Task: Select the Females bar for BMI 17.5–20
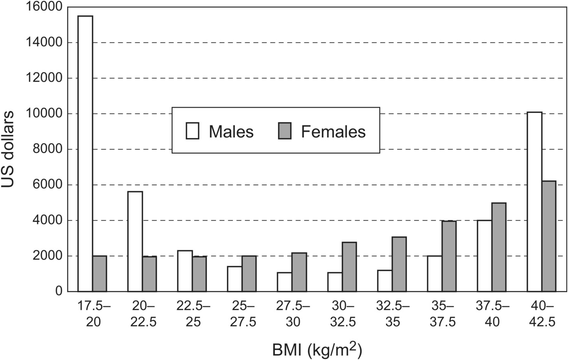pos(99,274)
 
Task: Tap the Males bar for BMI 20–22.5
pos(135,241)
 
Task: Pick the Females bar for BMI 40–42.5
pos(549,236)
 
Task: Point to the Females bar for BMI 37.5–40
pos(499,247)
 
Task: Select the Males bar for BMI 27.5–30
pos(284,282)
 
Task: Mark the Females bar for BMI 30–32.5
pos(349,267)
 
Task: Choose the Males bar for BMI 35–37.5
pos(434,274)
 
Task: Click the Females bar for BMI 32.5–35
pos(399,264)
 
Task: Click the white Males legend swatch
pos(192,131)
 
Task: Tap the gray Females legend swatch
pos(285,131)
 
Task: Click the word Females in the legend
pos(333,131)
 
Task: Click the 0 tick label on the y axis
pos(58,291)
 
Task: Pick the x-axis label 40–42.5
pos(542,314)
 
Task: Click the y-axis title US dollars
pos(8,149)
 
